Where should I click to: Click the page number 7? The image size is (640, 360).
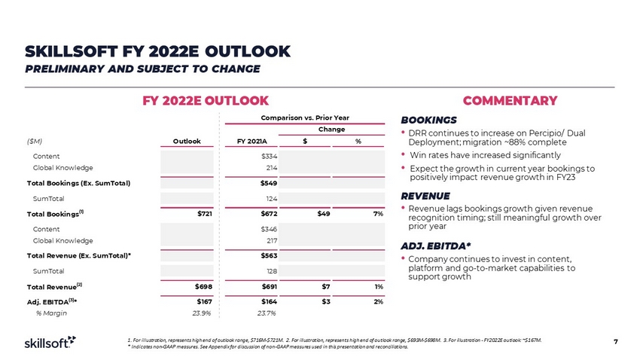tap(615, 343)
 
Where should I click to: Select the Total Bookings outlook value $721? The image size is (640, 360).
tap(200, 214)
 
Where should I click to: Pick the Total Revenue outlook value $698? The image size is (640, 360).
tap(200, 286)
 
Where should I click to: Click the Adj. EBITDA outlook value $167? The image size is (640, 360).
tap(200, 301)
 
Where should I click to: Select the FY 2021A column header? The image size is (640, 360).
tap(251, 140)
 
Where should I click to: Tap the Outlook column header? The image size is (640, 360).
tap(186, 140)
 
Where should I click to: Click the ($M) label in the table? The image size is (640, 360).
tap(34, 140)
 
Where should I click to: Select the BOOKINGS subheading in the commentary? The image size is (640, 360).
tap(428, 120)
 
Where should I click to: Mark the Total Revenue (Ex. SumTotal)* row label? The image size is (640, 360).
tap(74, 255)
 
